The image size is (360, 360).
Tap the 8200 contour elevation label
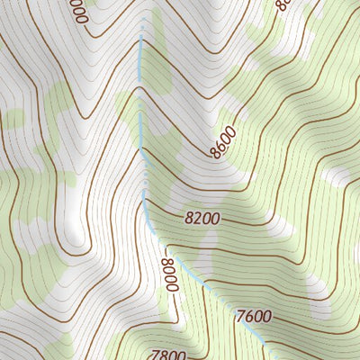202,217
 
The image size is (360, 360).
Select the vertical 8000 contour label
168,274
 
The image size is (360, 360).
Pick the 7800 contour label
169,354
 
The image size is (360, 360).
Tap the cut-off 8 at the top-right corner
283,4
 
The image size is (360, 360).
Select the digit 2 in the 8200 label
197,217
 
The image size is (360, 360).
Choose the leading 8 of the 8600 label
216,152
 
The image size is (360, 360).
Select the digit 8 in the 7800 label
165,354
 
